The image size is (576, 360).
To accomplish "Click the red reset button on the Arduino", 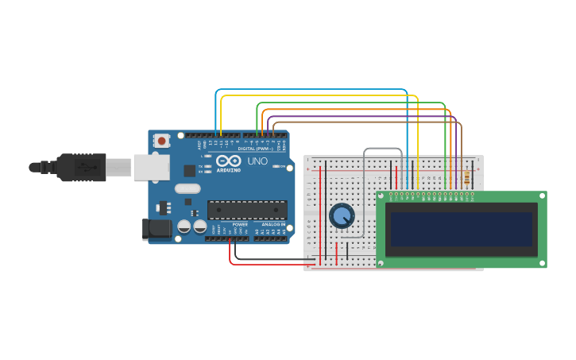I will (162, 141).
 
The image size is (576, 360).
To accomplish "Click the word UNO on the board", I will (257, 161).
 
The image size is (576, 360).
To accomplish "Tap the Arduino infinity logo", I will (228, 161).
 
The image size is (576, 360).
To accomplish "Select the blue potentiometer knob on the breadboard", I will (342, 215).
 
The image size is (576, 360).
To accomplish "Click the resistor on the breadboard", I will (466, 179).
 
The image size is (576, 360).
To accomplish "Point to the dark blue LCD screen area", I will (460, 229).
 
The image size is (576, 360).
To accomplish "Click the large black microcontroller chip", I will (247, 210).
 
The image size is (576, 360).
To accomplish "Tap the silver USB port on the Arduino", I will (151, 167).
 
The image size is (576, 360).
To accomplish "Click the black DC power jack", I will (157, 229).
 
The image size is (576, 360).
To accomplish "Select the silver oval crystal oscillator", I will (187, 188).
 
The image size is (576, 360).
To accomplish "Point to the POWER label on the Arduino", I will (240, 225).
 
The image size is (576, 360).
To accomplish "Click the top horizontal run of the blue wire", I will (310, 90).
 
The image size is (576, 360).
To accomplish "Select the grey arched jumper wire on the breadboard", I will (382, 149).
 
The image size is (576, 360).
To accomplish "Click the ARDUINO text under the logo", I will (229, 170).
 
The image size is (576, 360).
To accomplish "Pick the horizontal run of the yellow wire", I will (318, 96).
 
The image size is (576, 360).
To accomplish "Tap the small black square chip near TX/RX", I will (189, 170).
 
